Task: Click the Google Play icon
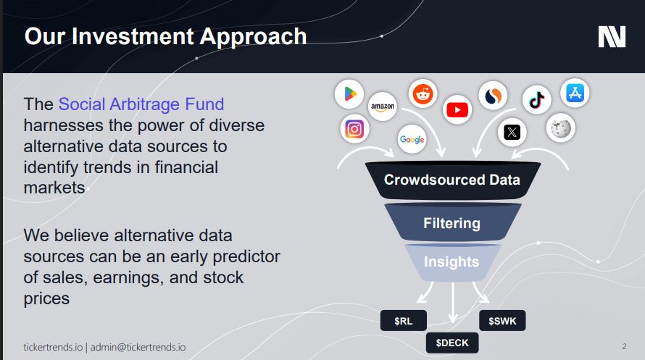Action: coord(349,94)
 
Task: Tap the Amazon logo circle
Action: coord(383,106)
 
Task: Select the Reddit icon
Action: coord(423,93)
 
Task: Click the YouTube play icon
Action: coord(457,109)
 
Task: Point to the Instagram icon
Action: coord(354,129)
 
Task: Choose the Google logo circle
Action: coord(412,139)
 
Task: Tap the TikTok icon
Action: coord(537,99)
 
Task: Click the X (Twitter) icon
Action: coord(512,133)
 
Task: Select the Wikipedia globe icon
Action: coord(561,128)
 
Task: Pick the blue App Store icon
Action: coord(575,93)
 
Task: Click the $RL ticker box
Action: coord(404,321)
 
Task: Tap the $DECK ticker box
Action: coord(452,343)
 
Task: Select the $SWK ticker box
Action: coord(502,321)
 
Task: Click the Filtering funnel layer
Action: coord(452,223)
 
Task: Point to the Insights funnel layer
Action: coord(452,262)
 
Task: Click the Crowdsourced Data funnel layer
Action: coord(452,180)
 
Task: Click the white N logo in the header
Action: coord(612,36)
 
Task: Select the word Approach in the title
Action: coord(253,37)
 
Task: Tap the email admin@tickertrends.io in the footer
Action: coord(138,347)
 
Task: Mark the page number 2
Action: coord(625,346)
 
